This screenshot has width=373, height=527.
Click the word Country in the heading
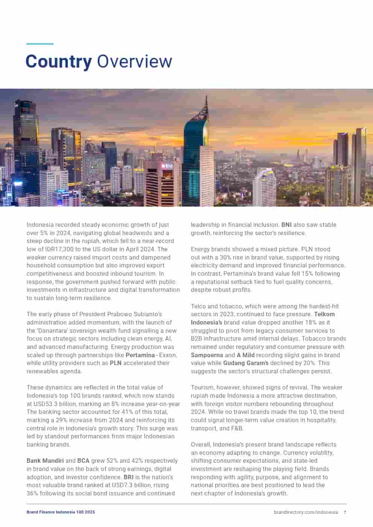click(x=58, y=62)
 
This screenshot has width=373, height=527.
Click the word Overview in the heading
click(x=135, y=62)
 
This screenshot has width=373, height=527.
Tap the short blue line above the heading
click(x=40, y=44)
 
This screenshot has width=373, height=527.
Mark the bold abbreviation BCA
click(x=83, y=461)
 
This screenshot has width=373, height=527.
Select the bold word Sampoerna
click(x=207, y=355)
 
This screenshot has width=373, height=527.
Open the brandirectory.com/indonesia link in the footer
click(x=306, y=512)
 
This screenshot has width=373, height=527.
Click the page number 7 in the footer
click(x=345, y=512)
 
